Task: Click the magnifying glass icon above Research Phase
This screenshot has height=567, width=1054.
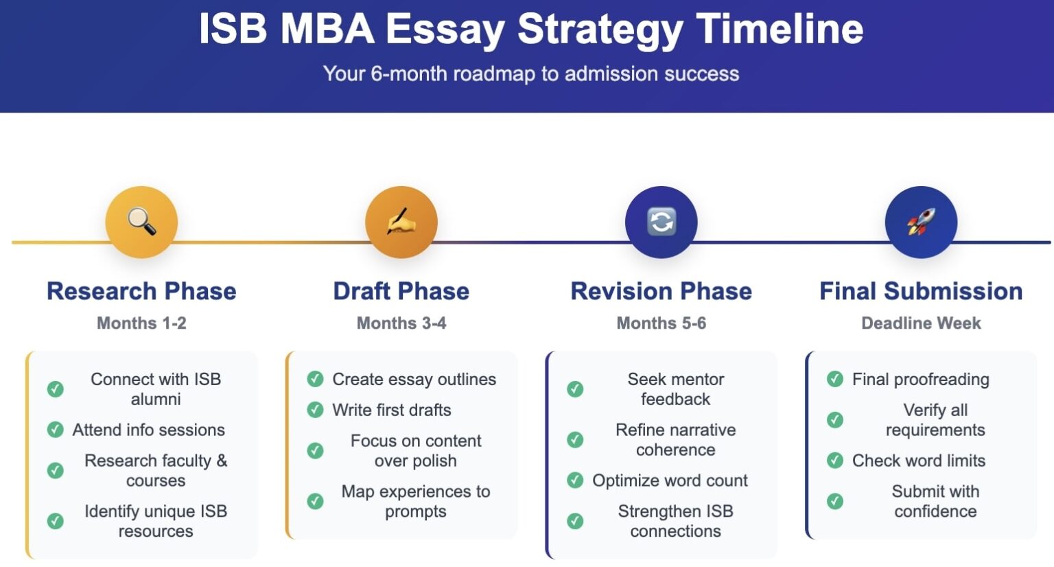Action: click(141, 222)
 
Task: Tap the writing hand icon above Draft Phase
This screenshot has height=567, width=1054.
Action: click(401, 222)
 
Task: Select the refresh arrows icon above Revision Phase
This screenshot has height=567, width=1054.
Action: click(661, 222)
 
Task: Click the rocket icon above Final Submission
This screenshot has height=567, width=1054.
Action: click(921, 222)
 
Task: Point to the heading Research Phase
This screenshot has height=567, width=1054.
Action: click(141, 291)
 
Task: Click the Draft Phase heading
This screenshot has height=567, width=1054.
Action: click(401, 291)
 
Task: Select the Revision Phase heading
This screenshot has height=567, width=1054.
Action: click(661, 291)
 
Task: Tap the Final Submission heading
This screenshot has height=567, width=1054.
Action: click(921, 291)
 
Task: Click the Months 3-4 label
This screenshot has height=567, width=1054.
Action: click(401, 323)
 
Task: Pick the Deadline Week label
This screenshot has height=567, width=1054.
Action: click(921, 323)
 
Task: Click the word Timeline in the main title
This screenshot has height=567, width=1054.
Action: click(780, 29)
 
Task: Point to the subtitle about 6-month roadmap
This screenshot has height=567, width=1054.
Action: click(530, 73)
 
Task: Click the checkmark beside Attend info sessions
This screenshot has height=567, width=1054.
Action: click(56, 430)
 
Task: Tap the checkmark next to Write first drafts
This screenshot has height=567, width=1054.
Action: click(315, 410)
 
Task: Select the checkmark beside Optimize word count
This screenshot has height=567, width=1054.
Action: click(575, 481)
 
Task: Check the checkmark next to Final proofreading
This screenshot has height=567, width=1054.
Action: click(835, 379)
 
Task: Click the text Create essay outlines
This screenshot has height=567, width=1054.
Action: click(414, 379)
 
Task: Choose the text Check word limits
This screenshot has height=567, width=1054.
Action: click(918, 461)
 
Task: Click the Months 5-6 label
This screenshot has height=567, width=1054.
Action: click(661, 323)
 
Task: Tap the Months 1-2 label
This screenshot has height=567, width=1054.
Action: click(141, 323)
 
